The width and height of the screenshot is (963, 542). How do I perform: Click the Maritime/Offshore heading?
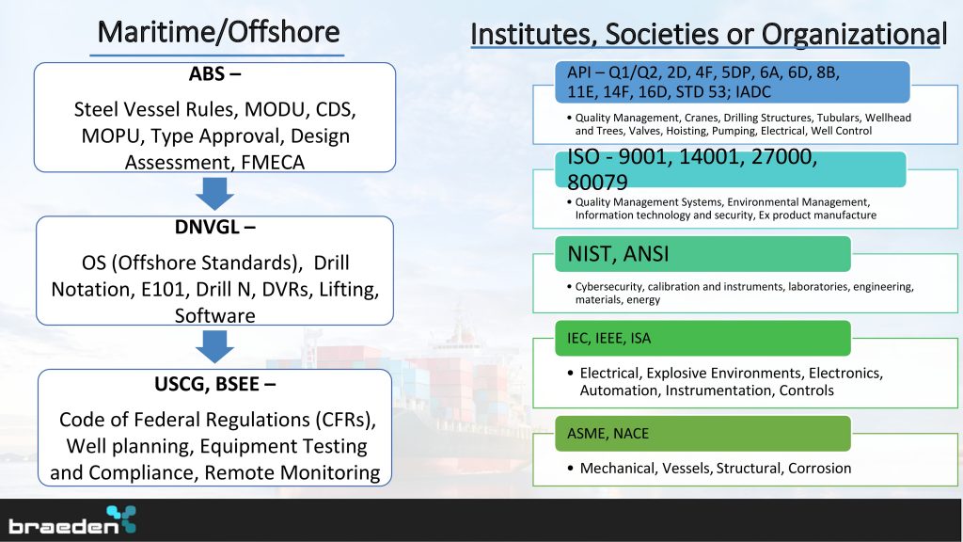[218, 32]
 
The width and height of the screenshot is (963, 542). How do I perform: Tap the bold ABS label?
[214, 73]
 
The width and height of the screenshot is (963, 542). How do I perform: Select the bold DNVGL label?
[214, 227]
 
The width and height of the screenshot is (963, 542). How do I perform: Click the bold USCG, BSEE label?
[214, 384]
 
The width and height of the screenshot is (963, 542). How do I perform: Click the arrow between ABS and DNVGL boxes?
[214, 194]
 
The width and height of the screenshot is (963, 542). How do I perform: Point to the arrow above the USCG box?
[214, 346]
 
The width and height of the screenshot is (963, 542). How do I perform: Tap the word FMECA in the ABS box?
[273, 162]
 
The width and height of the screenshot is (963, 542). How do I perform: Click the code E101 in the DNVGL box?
[162, 289]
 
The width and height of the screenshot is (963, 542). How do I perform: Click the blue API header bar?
[732, 82]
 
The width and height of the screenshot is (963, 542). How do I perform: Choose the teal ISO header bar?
[730, 169]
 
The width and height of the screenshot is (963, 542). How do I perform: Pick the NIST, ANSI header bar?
[703, 254]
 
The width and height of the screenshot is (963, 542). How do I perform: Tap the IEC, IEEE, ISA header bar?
[703, 338]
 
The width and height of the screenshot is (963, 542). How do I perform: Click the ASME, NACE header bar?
[703, 433]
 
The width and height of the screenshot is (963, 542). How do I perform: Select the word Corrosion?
[819, 469]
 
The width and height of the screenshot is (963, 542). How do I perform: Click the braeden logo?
[71, 520]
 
